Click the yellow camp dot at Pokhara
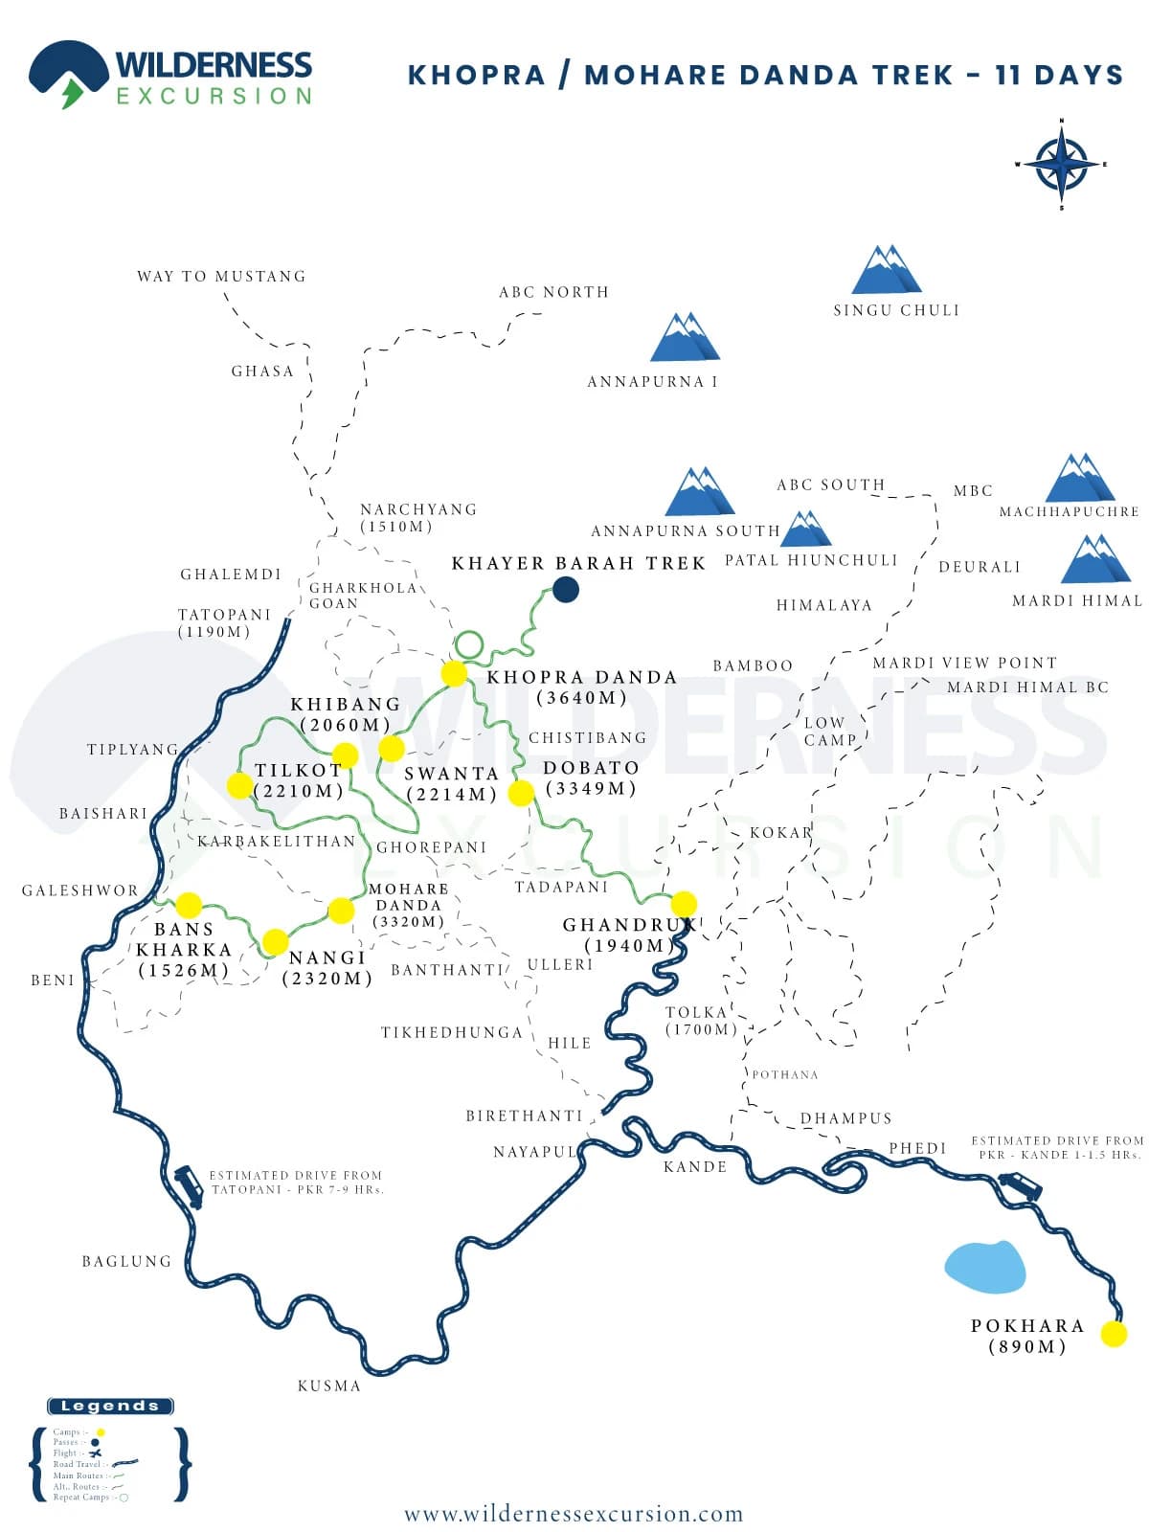pyautogui.click(x=1114, y=1334)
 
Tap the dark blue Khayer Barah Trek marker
pyautogui.click(x=566, y=590)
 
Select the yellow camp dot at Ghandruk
pyautogui.click(x=684, y=904)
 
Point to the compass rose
pyautogui.click(x=1061, y=164)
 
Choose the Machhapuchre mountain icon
pyautogui.click(x=1079, y=478)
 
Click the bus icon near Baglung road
pyautogui.click(x=189, y=1186)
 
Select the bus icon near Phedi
pyautogui.click(x=1021, y=1188)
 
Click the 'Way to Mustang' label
pyautogui.click(x=221, y=277)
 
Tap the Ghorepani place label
pyautogui.click(x=431, y=847)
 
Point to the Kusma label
pyautogui.click(x=328, y=1386)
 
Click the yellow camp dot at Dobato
pyautogui.click(x=521, y=793)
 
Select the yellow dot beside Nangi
pyautogui.click(x=275, y=942)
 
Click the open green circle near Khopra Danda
pyautogui.click(x=469, y=645)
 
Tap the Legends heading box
pyautogui.click(x=110, y=1407)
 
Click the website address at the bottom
pyautogui.click(x=574, y=1514)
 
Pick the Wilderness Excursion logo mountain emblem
pyautogui.click(x=68, y=73)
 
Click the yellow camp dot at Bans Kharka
pyautogui.click(x=189, y=905)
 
